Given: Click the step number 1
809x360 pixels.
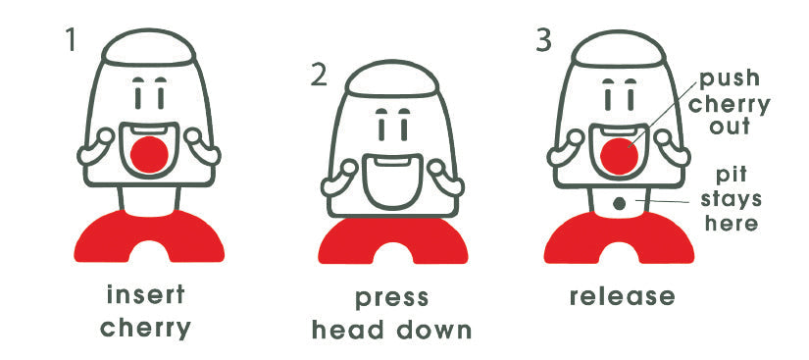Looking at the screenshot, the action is (72, 39).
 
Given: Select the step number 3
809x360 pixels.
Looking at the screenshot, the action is (543, 40).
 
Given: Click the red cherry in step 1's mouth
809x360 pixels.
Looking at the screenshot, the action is (149, 154).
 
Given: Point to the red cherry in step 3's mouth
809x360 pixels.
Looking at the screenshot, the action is (619, 156).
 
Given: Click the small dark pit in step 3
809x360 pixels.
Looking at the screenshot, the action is (619, 204).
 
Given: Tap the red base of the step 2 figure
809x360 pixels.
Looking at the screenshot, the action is (392, 241).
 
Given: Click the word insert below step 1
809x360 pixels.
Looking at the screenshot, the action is (146, 295).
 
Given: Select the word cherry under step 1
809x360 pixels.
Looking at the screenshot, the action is (145, 329).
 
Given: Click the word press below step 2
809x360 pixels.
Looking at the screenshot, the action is (391, 299).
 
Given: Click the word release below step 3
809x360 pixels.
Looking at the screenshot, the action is (623, 296).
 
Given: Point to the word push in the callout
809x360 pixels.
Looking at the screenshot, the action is (730, 78).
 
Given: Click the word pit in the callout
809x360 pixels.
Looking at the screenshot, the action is (732, 177).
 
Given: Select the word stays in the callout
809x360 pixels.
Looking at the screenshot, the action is (731, 200).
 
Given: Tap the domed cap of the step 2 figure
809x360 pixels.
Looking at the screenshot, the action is (392, 78).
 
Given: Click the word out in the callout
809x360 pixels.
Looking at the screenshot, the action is (730, 126).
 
